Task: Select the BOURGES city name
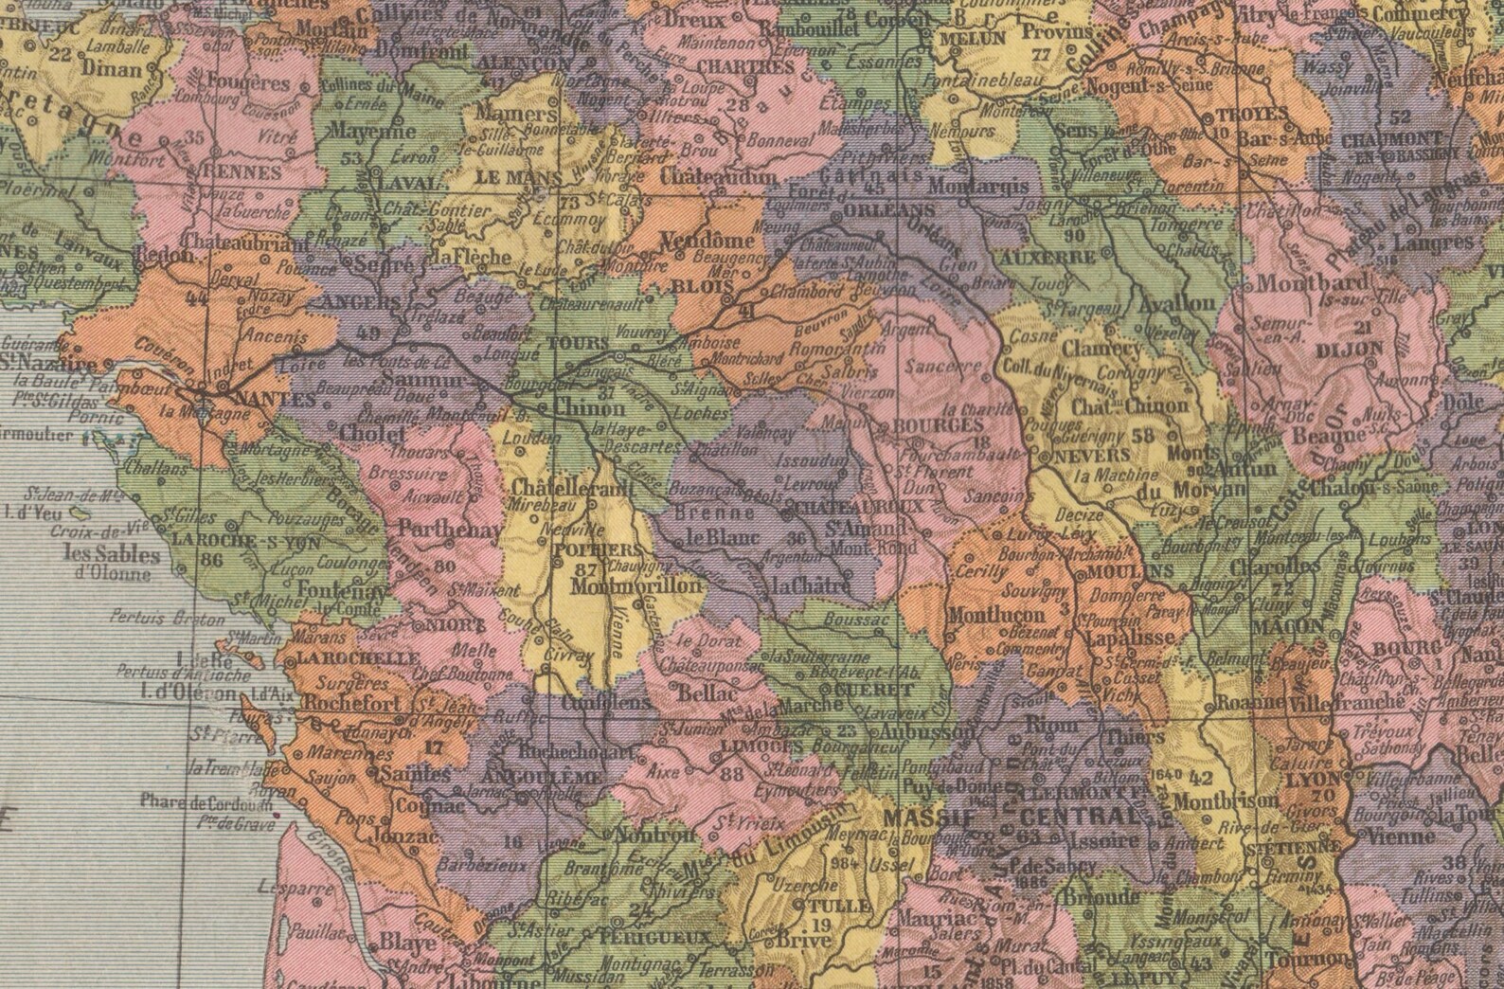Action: tap(937, 427)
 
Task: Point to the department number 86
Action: tap(212, 560)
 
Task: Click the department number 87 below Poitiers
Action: tap(585, 569)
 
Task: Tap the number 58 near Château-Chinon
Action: tap(1142, 436)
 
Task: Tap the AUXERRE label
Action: tap(1060, 256)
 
